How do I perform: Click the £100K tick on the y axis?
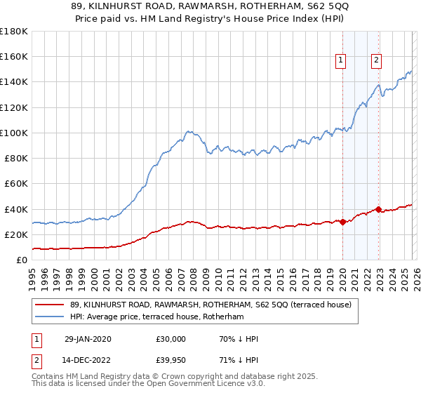(14, 133)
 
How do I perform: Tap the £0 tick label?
(22, 260)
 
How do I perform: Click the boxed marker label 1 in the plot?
(341, 61)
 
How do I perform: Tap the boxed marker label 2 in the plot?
(377, 61)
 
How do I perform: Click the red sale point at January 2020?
(342, 222)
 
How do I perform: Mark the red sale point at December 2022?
(378, 209)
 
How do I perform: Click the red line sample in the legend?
(49, 305)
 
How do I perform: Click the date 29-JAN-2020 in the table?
(88, 339)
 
